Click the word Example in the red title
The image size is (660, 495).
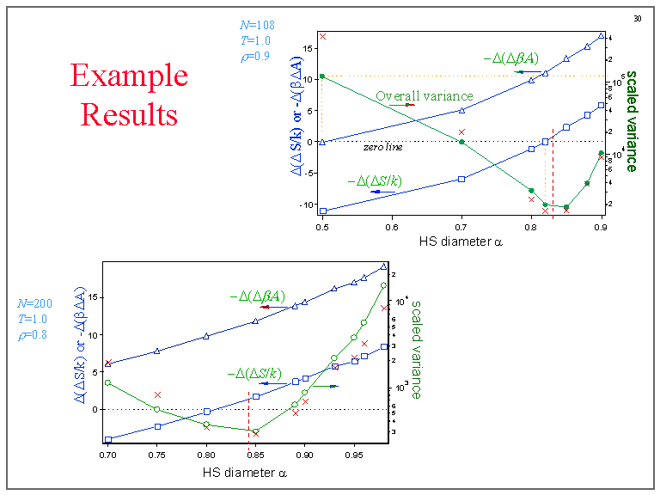pyautogui.click(x=129, y=76)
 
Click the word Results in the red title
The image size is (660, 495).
pyautogui.click(x=129, y=113)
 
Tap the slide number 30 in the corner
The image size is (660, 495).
pyautogui.click(x=638, y=18)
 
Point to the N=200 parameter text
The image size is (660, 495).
pyautogui.click(x=34, y=303)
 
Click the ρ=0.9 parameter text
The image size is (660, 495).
pyautogui.click(x=255, y=58)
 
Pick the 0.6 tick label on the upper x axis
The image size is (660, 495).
pyautogui.click(x=392, y=227)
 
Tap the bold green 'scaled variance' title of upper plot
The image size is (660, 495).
pyautogui.click(x=631, y=120)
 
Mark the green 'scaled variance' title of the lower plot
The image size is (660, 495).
pyautogui.click(x=415, y=349)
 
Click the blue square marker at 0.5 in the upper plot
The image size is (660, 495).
pyautogui.click(x=322, y=211)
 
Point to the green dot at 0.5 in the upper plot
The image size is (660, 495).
pyautogui.click(x=322, y=76)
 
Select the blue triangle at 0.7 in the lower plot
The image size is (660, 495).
pyautogui.click(x=108, y=364)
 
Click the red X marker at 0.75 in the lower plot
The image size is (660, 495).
pyautogui.click(x=157, y=394)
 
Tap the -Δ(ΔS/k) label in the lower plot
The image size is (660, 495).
pyautogui.click(x=255, y=373)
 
